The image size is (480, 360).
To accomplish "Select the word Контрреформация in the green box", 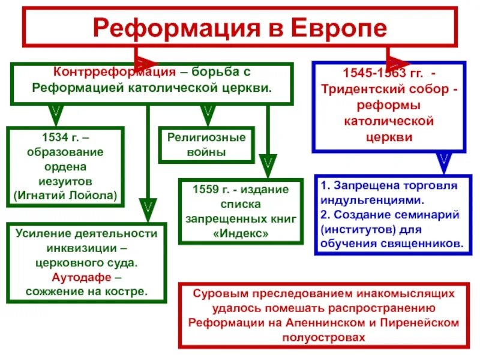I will pos(107,71).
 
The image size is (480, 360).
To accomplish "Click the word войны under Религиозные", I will pos(206,152).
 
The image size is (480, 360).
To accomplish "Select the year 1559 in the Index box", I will pos(205,190).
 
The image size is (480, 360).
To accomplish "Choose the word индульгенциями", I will pos(365,200).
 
